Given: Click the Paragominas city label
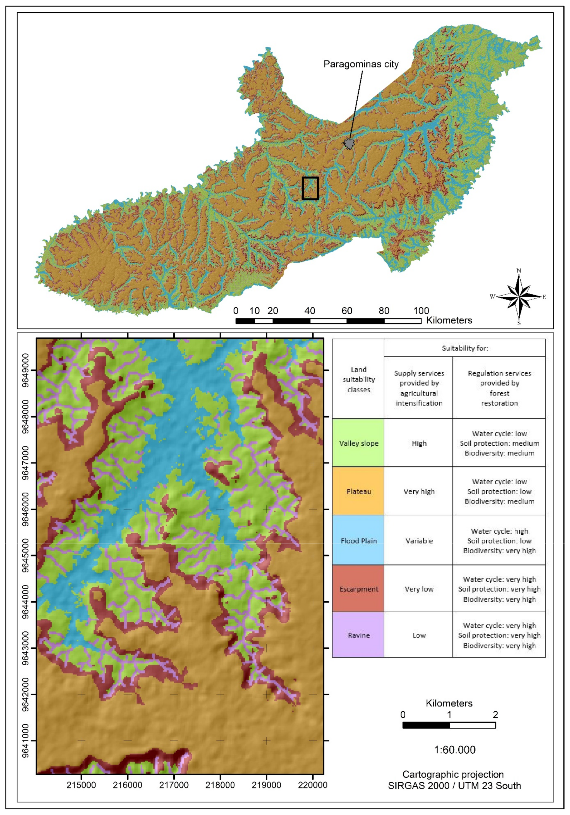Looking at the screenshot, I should coord(361,64).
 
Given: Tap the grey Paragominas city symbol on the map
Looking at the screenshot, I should coord(349,143).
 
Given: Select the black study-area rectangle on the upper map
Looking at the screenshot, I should coord(310,188).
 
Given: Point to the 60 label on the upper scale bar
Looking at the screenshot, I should coord(346,311).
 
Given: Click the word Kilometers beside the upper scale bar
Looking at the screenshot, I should coord(449,320).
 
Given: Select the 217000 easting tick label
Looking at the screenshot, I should coord(174,785).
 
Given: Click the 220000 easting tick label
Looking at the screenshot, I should coord(312,785).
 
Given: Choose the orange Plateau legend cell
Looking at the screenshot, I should coord(358,491).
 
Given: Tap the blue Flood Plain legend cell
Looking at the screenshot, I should coord(358,540).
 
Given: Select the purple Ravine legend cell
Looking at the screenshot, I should coord(358,635).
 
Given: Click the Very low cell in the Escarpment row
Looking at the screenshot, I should coord(419,589).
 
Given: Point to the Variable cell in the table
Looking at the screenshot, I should coord(419,541).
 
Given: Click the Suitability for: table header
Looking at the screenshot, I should coord(464,348).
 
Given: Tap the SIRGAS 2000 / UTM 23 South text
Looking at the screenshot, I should coord(454,785).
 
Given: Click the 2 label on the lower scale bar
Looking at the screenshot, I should coord(495,715).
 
